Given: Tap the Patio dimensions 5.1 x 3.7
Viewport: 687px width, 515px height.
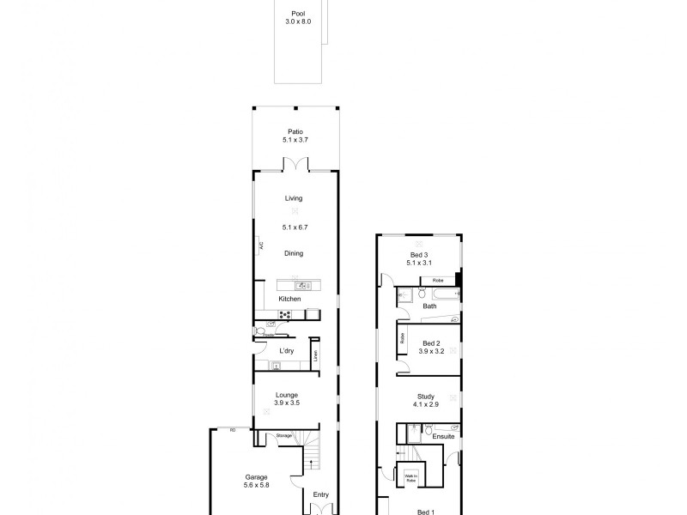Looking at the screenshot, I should (295, 140).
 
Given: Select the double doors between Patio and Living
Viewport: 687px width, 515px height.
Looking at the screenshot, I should (295, 165).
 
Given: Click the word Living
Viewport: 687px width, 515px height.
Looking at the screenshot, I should (295, 198).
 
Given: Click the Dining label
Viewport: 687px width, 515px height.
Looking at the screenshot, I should (295, 253).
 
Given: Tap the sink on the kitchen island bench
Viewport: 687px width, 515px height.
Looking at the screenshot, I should (302, 286).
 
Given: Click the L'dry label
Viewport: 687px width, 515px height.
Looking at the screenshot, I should (288, 351).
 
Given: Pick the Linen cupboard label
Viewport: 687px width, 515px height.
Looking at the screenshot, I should (315, 354).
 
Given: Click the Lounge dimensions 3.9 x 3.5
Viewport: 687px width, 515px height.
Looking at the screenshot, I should (286, 403).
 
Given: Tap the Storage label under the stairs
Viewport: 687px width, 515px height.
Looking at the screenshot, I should (284, 436).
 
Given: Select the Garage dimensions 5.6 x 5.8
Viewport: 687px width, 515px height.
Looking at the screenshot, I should (257, 485).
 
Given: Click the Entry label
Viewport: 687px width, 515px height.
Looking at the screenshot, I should (320, 494).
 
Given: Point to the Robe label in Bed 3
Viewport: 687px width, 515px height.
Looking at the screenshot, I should (437, 281).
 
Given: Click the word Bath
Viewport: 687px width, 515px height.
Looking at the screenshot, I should (429, 306).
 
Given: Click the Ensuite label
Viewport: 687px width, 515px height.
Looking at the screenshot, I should (443, 437).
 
